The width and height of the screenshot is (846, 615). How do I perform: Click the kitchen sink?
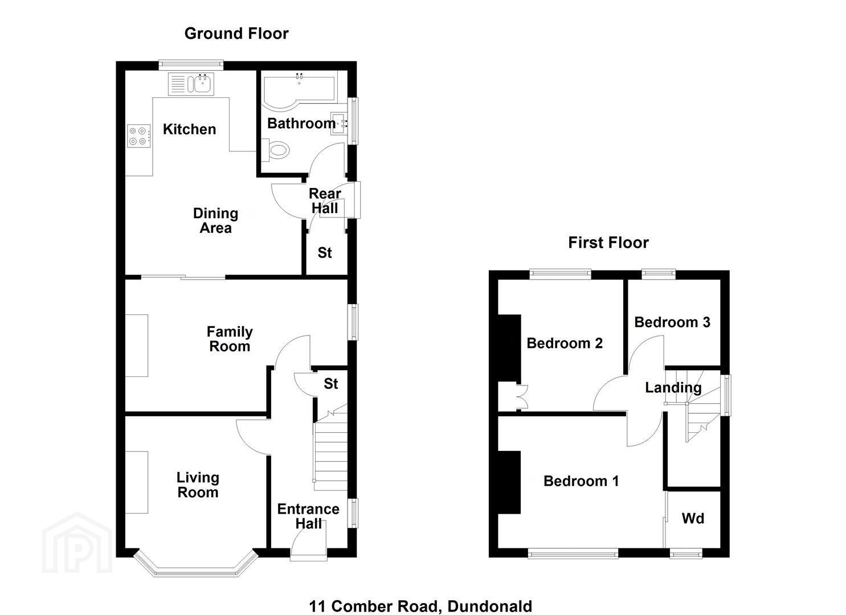click(191, 84)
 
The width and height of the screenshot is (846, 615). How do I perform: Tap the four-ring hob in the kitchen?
click(138, 136)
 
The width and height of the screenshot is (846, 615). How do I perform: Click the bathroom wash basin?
click(339, 123)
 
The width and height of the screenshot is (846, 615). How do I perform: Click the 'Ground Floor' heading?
click(236, 34)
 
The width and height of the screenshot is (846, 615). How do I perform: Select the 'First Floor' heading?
click(608, 243)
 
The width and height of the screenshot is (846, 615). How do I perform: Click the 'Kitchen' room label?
click(189, 129)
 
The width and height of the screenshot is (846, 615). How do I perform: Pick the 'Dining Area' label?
click(215, 221)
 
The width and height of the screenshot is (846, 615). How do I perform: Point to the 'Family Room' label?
click(230, 339)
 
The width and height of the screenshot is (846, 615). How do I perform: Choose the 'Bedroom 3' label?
click(672, 322)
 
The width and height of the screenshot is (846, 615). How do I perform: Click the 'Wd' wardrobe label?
click(693, 518)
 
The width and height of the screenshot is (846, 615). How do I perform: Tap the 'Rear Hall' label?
click(325, 201)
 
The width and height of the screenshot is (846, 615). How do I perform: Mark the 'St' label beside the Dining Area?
click(325, 253)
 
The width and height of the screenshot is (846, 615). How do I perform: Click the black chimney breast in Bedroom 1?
click(509, 482)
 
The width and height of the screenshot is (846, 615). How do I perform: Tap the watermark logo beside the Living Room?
click(77, 543)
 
